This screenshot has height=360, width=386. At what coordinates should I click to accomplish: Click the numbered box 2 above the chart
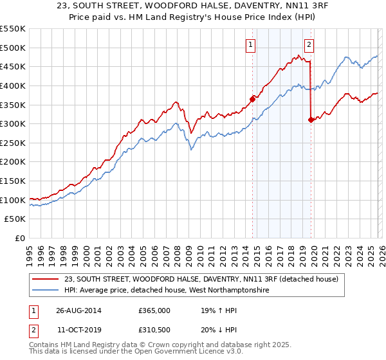pyautogui.click(x=309, y=44)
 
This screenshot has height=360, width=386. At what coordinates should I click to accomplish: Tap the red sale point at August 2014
pyautogui.click(x=252, y=99)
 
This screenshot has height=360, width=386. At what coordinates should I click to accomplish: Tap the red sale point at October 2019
pyautogui.click(x=311, y=120)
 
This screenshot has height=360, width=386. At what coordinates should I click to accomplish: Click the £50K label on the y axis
pyautogui.click(x=15, y=219)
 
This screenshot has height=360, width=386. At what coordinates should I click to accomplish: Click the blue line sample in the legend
pyautogui.click(x=46, y=291)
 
